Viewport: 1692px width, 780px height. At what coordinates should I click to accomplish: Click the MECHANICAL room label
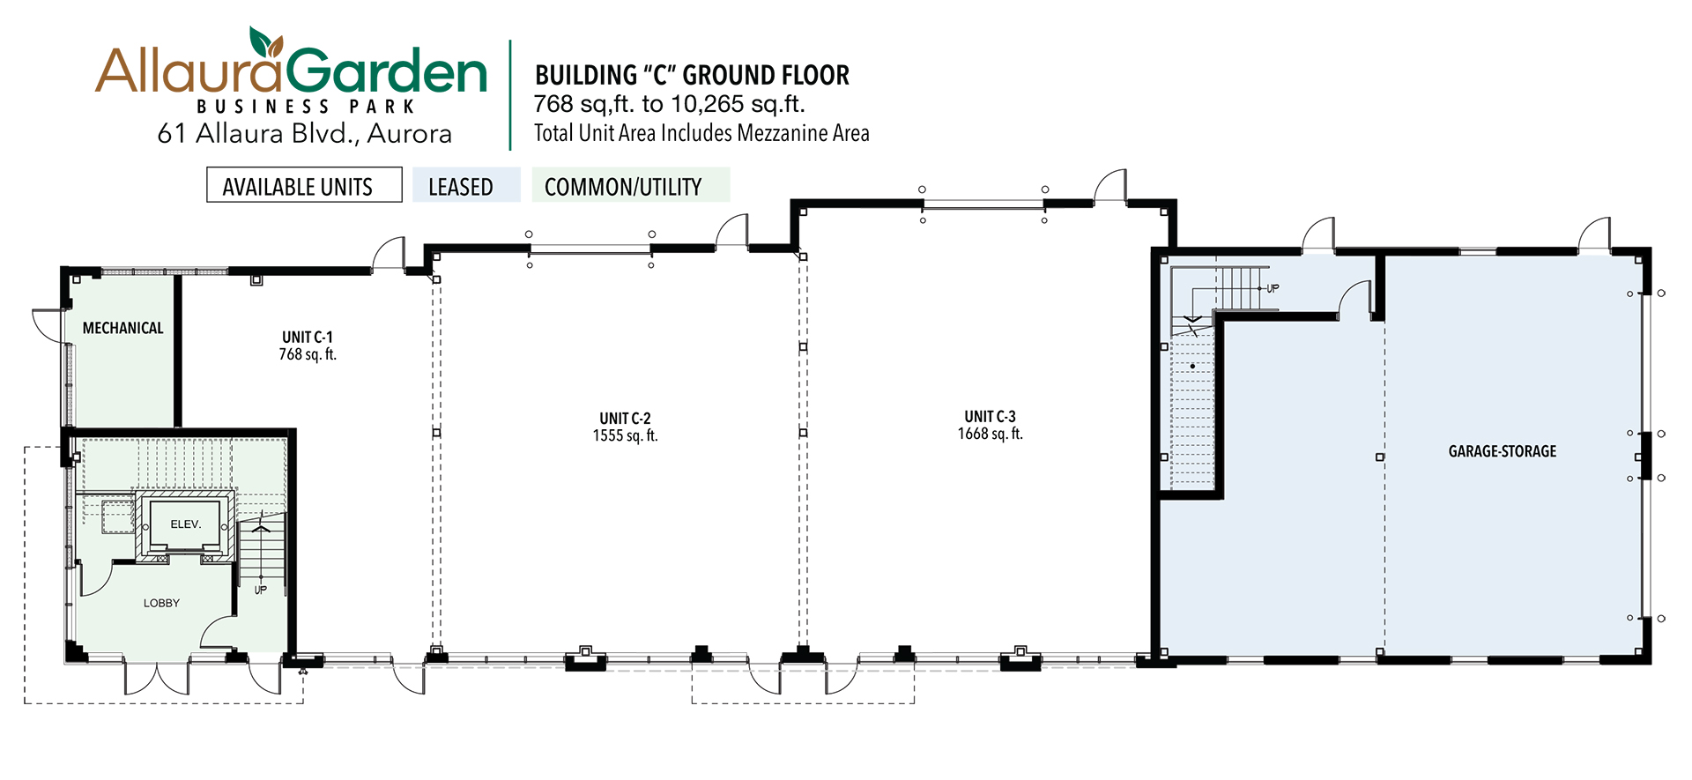point(122,328)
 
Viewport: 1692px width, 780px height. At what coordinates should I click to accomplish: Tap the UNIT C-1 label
point(308,337)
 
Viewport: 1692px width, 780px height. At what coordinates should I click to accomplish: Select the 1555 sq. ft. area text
point(625,435)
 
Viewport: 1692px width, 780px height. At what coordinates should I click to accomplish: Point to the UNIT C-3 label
point(990,416)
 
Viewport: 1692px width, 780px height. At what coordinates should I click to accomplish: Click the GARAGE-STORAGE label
point(1503,451)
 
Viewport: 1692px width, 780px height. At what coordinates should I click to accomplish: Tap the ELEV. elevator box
point(185,524)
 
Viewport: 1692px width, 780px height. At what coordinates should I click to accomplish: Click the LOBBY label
point(161,603)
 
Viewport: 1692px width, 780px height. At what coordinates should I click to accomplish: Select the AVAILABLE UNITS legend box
point(304,185)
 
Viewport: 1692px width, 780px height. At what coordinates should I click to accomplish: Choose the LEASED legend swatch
point(466,185)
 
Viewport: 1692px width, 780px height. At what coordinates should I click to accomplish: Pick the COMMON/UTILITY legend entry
point(631,185)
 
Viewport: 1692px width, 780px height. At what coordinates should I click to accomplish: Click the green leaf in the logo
point(265,41)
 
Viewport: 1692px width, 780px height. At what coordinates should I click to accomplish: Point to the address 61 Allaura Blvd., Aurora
point(304,133)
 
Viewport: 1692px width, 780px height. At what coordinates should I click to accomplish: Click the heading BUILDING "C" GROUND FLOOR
point(692,75)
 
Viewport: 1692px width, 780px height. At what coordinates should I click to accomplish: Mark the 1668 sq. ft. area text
point(990,434)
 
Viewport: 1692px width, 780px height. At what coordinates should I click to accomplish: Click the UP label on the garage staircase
point(1273,288)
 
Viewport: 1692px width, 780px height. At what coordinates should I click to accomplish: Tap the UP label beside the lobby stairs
point(260,590)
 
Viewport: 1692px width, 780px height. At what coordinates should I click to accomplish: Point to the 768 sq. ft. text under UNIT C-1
point(308,354)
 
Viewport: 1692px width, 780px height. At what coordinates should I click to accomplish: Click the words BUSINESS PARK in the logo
point(305,107)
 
